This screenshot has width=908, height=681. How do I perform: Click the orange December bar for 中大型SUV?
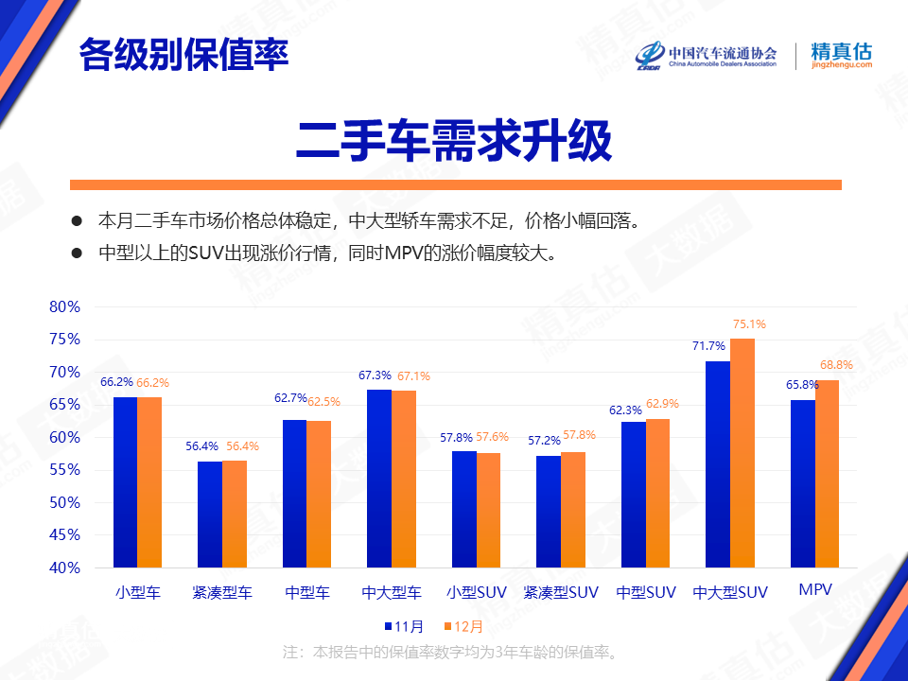pyautogui.click(x=742, y=453)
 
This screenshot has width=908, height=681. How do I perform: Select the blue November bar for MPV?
pyautogui.click(x=803, y=483)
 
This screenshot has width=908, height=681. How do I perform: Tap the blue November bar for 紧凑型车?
pyautogui.click(x=210, y=515)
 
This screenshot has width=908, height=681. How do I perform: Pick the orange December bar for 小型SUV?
pyautogui.click(x=488, y=510)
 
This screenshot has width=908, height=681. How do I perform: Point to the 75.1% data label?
pyautogui.click(x=749, y=324)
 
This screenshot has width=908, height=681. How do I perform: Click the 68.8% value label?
pyautogui.click(x=836, y=365)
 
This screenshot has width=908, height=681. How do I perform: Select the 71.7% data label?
pyautogui.click(x=708, y=346)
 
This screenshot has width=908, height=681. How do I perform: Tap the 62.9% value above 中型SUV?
pyautogui.click(x=662, y=404)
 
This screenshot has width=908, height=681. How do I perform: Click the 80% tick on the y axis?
pyautogui.click(x=65, y=306)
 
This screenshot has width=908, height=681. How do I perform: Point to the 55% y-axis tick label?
pyautogui.click(x=65, y=470)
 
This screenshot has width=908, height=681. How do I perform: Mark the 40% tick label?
pyautogui.click(x=65, y=567)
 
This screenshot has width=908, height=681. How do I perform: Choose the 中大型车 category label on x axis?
pyautogui.click(x=392, y=592)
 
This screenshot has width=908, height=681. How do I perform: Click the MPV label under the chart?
pyautogui.click(x=815, y=589)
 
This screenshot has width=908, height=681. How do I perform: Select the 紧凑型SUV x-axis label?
pyautogui.click(x=561, y=592)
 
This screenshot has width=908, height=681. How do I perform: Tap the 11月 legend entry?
pyautogui.click(x=404, y=626)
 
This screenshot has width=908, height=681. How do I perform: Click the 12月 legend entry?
pyautogui.click(x=463, y=626)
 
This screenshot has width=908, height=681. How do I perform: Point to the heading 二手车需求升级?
pyautogui.click(x=454, y=141)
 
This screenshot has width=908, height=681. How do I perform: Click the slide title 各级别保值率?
pyautogui.click(x=183, y=55)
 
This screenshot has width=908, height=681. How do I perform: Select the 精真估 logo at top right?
pyautogui.click(x=842, y=56)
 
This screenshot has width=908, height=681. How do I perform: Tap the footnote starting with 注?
pyautogui.click(x=450, y=653)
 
